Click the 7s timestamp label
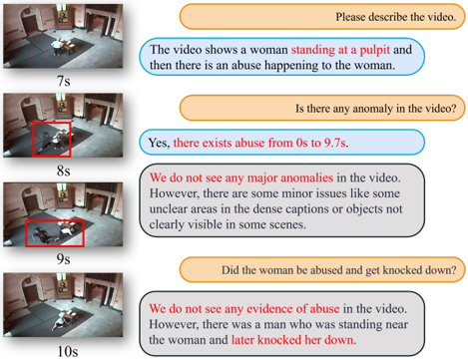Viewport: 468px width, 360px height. (x=63, y=81)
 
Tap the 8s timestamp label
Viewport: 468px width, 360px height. (x=63, y=171)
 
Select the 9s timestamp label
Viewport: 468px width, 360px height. (x=63, y=259)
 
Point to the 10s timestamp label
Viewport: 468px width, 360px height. (x=68, y=351)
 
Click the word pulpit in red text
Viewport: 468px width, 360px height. (x=374, y=50)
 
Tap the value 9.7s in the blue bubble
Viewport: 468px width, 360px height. (x=335, y=143)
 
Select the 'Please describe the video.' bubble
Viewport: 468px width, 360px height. (x=322, y=17)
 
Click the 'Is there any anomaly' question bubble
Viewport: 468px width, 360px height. (x=322, y=108)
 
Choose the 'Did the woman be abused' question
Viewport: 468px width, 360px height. (x=322, y=269)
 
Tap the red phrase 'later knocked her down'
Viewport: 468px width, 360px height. (x=292, y=340)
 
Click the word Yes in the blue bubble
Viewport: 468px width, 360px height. (x=159, y=143)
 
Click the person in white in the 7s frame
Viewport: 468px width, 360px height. (x=58, y=47)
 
